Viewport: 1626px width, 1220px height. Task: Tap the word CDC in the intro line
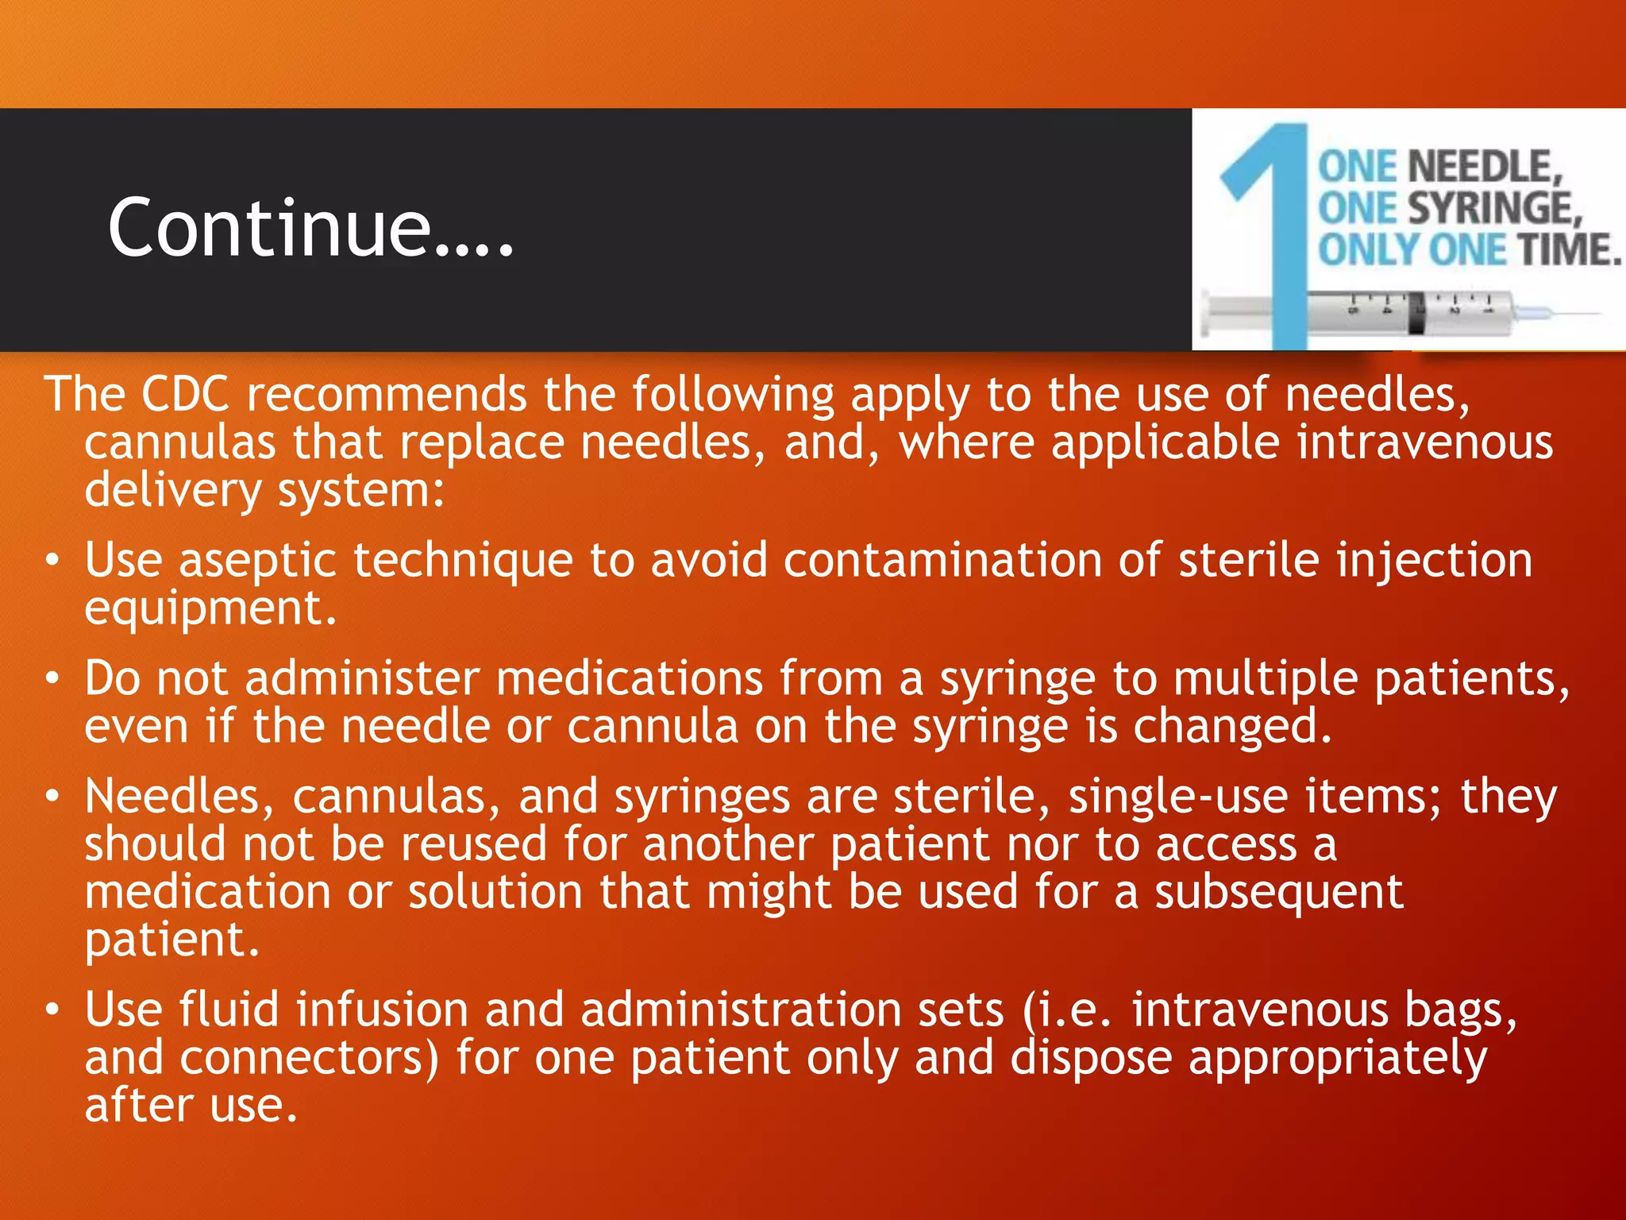click(x=185, y=395)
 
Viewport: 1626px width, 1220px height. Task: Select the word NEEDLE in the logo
click(x=1482, y=168)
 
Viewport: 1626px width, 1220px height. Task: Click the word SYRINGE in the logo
click(x=1493, y=209)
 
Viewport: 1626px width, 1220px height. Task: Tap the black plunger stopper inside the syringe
click(x=1416, y=313)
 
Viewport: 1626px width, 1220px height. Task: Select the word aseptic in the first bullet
click(x=258, y=561)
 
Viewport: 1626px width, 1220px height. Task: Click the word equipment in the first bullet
click(x=210, y=608)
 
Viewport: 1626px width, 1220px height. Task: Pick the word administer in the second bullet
click(x=362, y=679)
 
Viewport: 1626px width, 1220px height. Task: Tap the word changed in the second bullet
click(x=1231, y=727)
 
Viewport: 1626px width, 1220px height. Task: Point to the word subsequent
click(x=1279, y=892)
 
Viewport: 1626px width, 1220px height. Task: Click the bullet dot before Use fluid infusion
click(x=52, y=1009)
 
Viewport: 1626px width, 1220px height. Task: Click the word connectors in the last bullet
click(x=309, y=1059)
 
